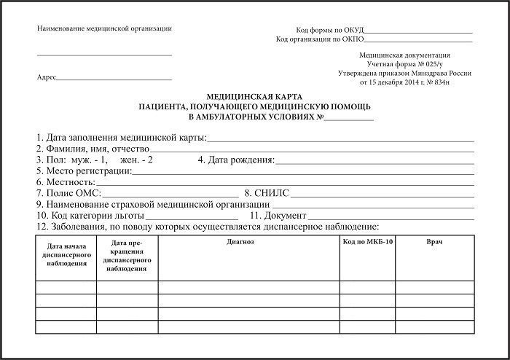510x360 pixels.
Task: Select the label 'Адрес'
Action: [45, 77]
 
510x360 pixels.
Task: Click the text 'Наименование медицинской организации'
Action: [104, 28]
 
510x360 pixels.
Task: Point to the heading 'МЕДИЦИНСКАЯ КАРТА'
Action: [254, 96]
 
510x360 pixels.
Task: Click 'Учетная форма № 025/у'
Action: [405, 64]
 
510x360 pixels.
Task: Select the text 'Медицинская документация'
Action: [405, 55]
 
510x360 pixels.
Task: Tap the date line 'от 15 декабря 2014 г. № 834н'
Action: [405, 82]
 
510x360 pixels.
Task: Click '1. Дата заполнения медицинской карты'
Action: [121, 137]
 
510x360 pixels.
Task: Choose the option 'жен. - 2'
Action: [137, 160]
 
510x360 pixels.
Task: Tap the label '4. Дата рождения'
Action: [236, 160]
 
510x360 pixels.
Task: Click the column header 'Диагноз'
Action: [240, 240]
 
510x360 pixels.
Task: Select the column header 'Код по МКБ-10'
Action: [367, 240]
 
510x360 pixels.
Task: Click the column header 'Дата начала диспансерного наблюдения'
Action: [66, 254]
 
